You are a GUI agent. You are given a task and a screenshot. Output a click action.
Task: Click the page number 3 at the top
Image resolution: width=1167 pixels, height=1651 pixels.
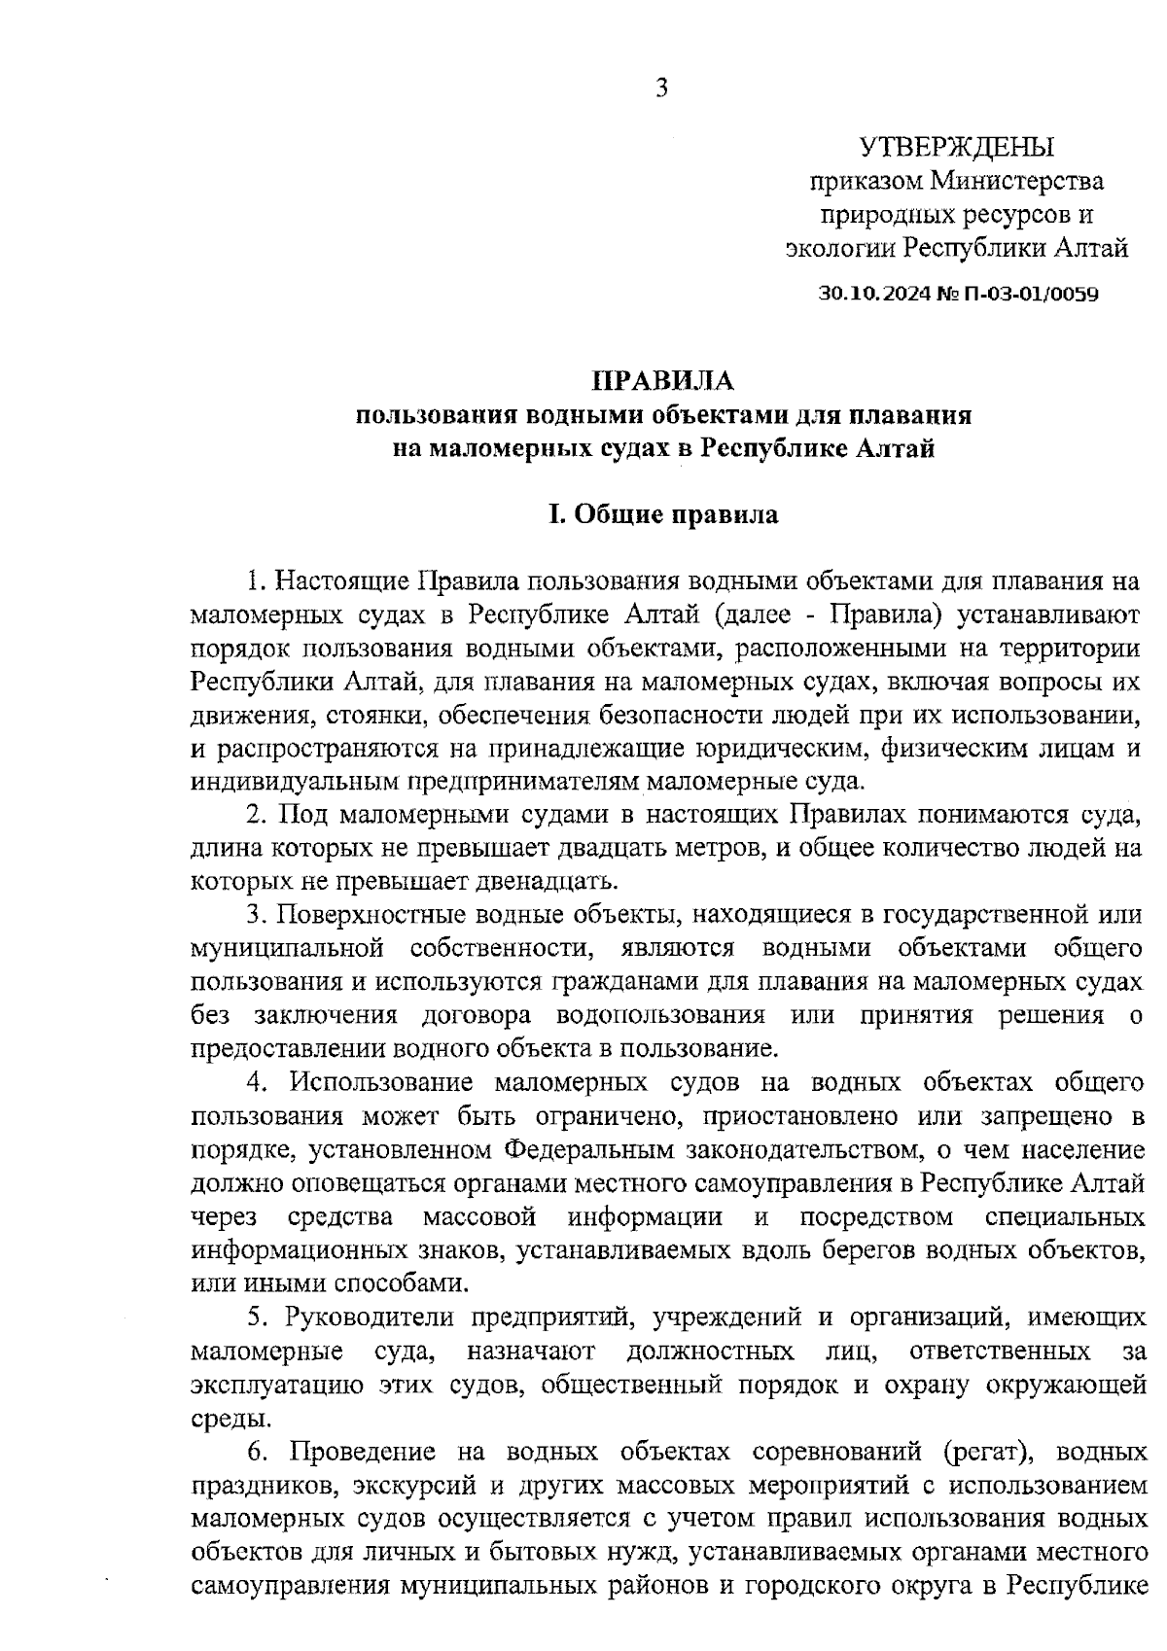[x=661, y=88]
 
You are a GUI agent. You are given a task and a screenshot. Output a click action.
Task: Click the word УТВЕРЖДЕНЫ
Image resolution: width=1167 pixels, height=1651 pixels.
[x=957, y=147]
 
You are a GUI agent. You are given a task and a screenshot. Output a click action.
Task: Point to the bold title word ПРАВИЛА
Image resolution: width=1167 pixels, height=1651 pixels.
[x=663, y=380]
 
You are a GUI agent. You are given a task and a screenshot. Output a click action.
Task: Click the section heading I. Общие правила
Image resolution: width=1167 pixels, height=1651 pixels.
[x=663, y=514]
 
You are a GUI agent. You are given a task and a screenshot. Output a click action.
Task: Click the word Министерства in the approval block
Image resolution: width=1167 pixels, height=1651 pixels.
[x=1017, y=181]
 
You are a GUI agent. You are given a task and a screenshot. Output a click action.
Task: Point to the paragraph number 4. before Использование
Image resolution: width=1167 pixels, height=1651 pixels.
[x=258, y=1082]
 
